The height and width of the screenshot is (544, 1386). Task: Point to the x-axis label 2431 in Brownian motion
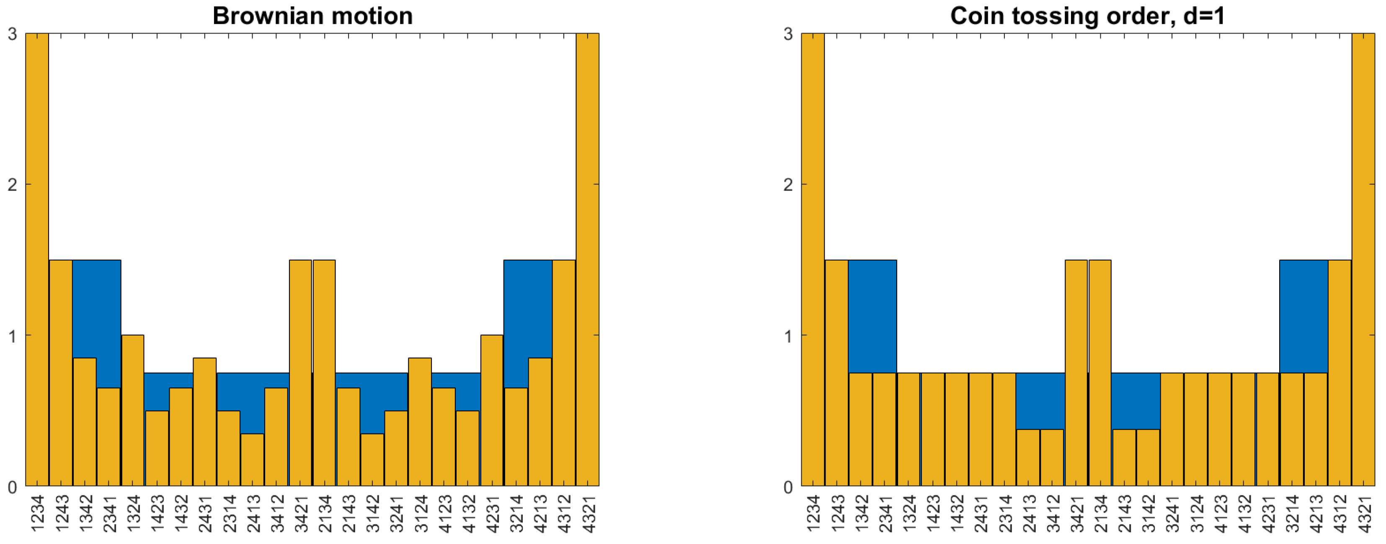pyautogui.click(x=205, y=514)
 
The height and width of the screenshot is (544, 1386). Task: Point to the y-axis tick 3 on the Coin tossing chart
pyautogui.click(x=788, y=34)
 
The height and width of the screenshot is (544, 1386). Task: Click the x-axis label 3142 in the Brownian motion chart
pyautogui.click(x=372, y=514)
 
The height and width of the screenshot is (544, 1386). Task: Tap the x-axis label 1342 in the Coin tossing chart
pyautogui.click(x=861, y=514)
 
